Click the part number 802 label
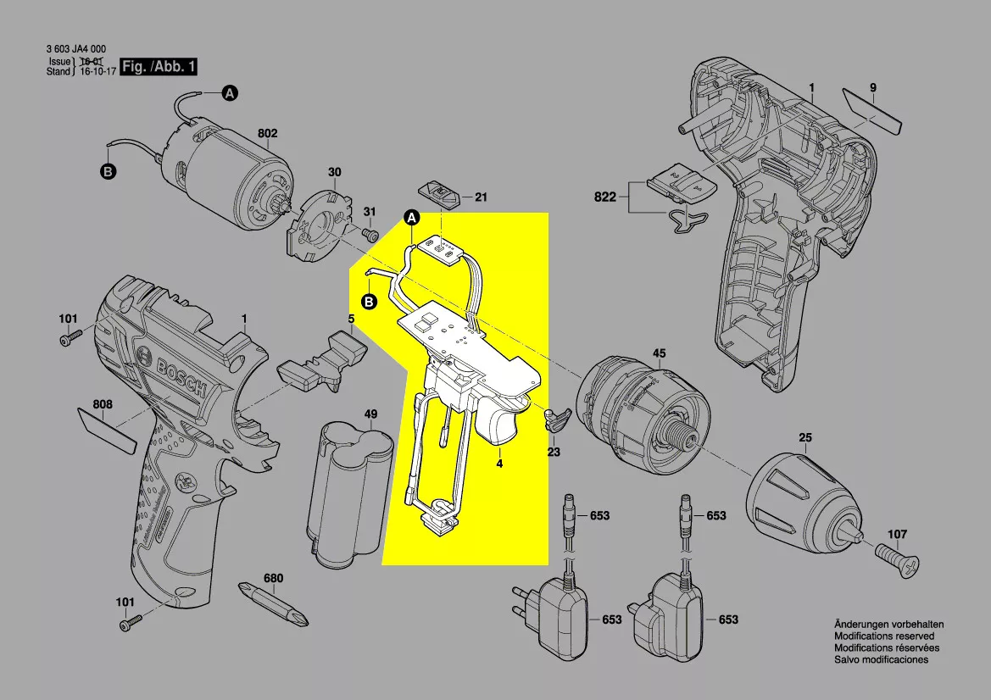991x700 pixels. pos(268,133)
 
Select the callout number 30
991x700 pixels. pos(335,172)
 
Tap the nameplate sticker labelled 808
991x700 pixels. pos(106,430)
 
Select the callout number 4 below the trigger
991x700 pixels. pos(500,464)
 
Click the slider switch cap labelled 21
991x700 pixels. pos(442,193)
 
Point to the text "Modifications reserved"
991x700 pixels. pos(884,636)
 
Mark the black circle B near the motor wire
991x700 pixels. pos(108,172)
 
